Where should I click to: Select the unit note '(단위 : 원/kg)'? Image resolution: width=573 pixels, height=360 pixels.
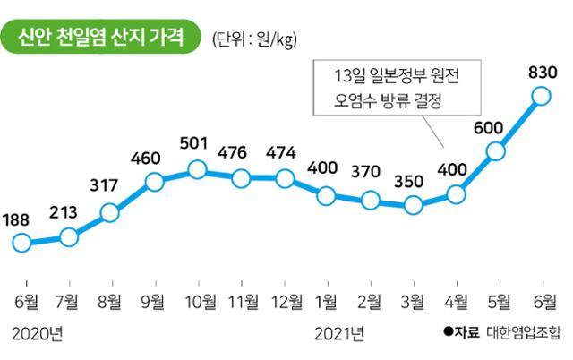pyautogui.click(x=253, y=39)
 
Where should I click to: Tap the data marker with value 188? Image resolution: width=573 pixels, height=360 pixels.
pyautogui.click(x=23, y=243)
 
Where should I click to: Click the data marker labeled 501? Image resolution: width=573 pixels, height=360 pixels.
pyautogui.click(x=197, y=169)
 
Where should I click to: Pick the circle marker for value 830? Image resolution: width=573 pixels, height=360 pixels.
pyautogui.click(x=540, y=95)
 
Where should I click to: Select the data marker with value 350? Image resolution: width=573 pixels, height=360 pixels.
pyautogui.click(x=413, y=205)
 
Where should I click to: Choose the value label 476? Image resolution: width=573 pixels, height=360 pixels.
pyautogui.click(x=240, y=152)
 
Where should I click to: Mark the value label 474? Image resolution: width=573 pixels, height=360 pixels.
pyautogui.click(x=284, y=152)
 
